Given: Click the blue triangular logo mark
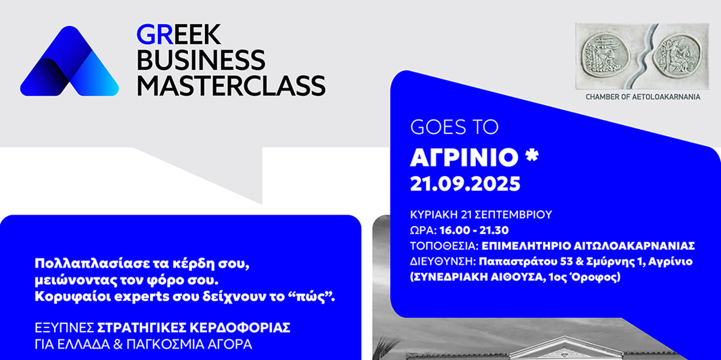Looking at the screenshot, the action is (x=69, y=61).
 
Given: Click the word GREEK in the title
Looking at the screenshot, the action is (x=178, y=34).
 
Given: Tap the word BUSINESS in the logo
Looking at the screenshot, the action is (x=201, y=60).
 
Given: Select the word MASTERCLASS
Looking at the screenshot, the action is (x=231, y=86).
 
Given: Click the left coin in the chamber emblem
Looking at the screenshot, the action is (x=601, y=56).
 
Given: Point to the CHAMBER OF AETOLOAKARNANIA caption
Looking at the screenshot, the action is (x=643, y=97).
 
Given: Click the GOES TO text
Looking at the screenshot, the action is (x=454, y=127).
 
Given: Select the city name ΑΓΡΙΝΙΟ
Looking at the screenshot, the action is (x=464, y=157).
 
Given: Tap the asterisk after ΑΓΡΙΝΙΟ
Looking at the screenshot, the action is (x=531, y=155).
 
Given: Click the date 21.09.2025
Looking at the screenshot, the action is (x=465, y=184).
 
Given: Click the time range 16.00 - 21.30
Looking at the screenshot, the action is (x=474, y=230).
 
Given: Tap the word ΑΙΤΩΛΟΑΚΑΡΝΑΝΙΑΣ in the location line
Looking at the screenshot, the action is (x=634, y=246).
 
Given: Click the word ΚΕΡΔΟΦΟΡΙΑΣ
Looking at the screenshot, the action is (x=240, y=328).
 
